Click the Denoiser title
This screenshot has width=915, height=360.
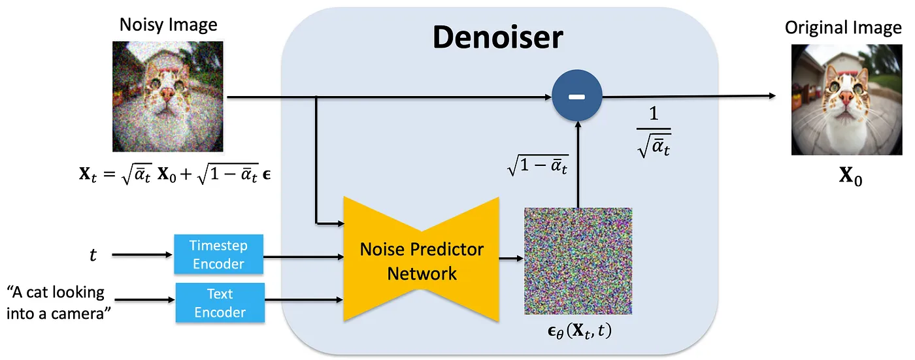tap(497, 38)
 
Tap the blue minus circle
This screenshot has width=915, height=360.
tap(576, 97)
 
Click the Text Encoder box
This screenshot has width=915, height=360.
tap(220, 302)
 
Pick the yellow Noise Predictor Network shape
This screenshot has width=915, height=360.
tap(422, 261)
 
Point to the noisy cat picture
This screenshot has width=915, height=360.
tap(168, 96)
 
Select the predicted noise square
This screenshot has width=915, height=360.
tap(578, 261)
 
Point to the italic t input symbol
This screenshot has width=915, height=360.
tap(93, 255)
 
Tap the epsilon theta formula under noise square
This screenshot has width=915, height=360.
tap(574, 331)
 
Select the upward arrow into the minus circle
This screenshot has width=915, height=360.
tap(577, 163)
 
